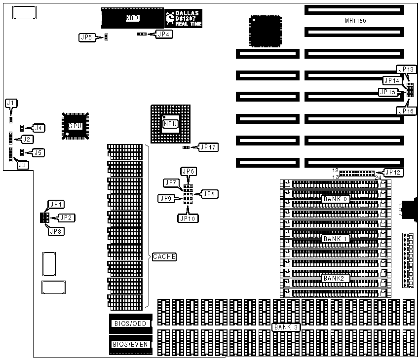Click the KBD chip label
(x=132, y=18)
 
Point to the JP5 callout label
(x=85, y=37)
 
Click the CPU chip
(x=75, y=126)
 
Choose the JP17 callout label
(x=207, y=146)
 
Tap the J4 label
(x=38, y=128)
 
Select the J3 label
(x=22, y=165)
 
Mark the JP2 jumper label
(x=67, y=217)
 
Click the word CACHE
(x=164, y=257)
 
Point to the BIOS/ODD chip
(x=130, y=323)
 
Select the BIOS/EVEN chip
(x=130, y=344)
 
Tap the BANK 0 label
(x=336, y=199)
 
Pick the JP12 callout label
(x=393, y=172)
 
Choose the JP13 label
(x=405, y=70)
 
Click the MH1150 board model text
(x=355, y=21)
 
